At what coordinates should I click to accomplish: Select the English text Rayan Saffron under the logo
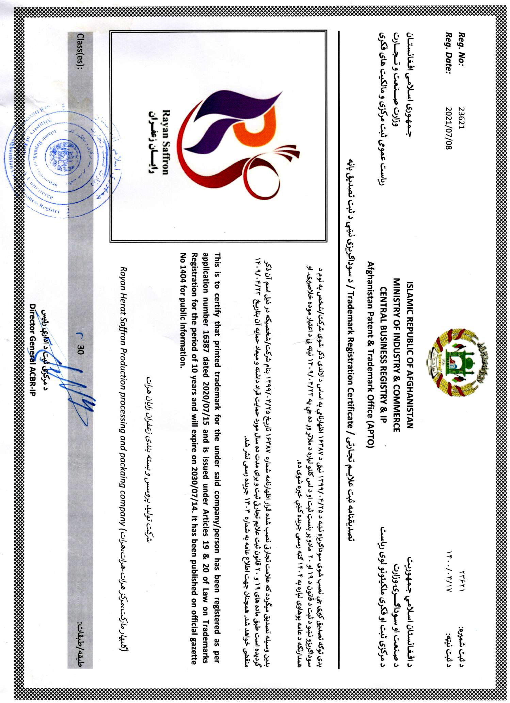coord(165,142)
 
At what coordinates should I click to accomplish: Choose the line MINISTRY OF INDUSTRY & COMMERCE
coord(396,355)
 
